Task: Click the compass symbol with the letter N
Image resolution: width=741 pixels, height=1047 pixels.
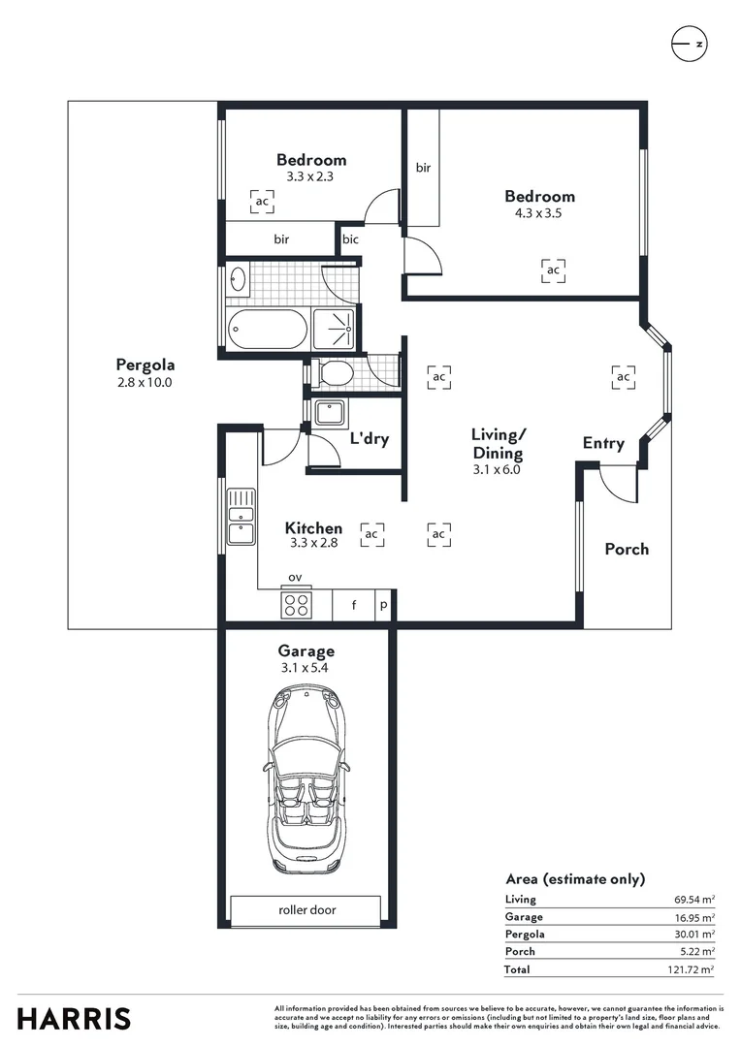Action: pos(689,44)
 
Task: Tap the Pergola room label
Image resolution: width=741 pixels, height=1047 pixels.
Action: pos(145,365)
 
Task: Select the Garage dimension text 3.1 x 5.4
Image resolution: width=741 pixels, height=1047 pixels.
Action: pos(305,668)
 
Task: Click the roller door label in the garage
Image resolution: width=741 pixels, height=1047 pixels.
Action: pos(306,909)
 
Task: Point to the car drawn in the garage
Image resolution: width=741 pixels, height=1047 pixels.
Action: pos(306,780)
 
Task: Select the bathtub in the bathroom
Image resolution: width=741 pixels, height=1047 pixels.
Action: pos(268,329)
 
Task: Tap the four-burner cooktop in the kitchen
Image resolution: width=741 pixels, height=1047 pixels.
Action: pos(296,605)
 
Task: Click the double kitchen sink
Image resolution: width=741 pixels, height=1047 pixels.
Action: pos(241,516)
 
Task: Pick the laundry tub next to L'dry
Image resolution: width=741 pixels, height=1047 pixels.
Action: pos(330,413)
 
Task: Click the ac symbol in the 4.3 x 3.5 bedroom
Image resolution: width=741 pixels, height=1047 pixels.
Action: pos(553,270)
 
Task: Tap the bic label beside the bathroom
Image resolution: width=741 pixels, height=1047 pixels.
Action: pos(350,239)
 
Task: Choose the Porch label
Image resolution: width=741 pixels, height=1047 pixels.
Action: pos(627,549)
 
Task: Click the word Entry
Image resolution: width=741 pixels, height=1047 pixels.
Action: pos(603,443)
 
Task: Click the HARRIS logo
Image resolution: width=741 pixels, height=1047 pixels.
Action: pos(74,1020)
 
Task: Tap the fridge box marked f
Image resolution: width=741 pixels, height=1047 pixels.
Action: pos(353,605)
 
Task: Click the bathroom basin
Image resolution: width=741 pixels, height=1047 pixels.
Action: pos(238,278)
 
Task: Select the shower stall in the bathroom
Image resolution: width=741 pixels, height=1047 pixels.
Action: pos(335,329)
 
